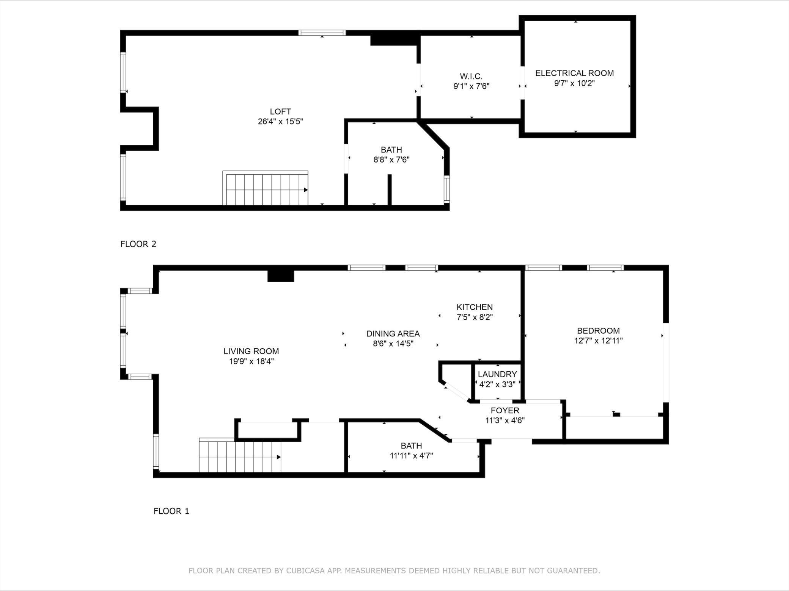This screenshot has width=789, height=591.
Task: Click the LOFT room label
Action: point(280,112)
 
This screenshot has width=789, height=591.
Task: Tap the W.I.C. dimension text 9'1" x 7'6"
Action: point(472,86)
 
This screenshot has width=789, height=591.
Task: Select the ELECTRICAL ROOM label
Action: point(574,73)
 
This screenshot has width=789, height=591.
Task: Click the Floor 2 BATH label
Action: point(391,150)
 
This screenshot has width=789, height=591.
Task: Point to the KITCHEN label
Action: point(475,307)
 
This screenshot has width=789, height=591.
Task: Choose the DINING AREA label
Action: point(393,334)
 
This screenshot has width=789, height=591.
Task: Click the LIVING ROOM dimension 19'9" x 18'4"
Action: point(251,361)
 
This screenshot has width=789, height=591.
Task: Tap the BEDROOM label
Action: point(598,331)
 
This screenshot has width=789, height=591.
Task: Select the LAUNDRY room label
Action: point(497,374)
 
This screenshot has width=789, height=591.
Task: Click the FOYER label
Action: point(505,410)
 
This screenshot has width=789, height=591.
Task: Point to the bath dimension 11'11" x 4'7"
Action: point(411,456)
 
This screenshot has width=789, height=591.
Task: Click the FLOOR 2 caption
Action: point(138,244)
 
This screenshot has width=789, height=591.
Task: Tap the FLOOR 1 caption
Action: point(171,511)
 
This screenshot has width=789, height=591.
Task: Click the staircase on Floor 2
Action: point(265,188)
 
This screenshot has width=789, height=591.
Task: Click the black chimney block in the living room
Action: point(281,276)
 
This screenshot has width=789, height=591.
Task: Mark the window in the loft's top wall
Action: point(322,33)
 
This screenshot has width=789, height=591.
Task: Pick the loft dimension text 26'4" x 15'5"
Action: point(280,122)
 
